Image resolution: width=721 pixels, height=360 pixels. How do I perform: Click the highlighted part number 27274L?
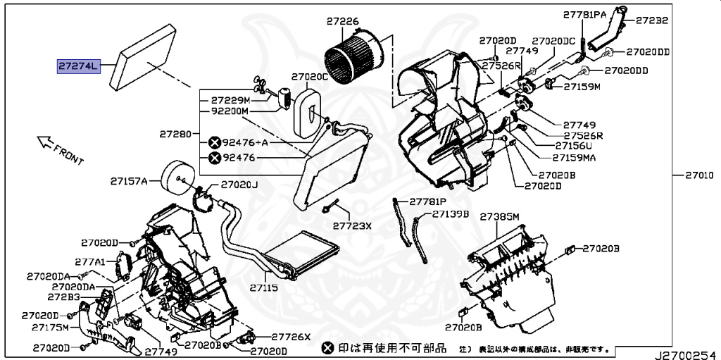tap(80, 67)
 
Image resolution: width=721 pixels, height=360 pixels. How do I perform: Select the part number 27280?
tap(175, 134)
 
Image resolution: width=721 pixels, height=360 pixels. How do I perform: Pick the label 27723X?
tap(352, 226)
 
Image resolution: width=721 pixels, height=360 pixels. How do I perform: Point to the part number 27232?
tap(652, 20)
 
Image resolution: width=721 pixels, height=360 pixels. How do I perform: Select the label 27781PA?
tap(584, 14)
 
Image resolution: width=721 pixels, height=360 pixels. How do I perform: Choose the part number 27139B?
tap(451, 214)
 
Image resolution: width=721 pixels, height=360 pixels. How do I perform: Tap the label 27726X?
tap(291, 337)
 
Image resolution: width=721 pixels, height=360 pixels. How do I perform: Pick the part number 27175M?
tap(50, 328)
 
